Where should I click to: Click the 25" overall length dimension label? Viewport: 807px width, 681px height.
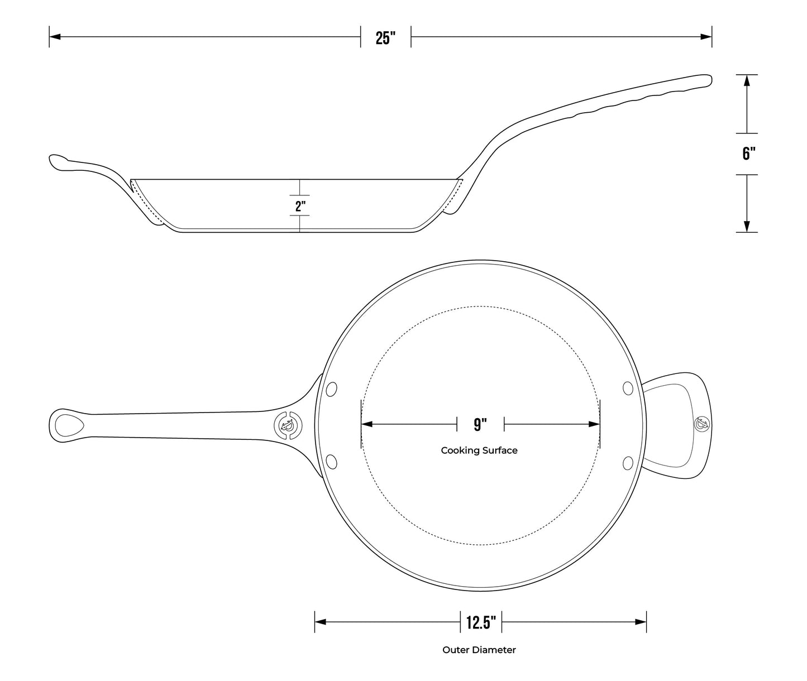[x=385, y=38]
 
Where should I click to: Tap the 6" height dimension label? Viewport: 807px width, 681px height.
[x=748, y=154]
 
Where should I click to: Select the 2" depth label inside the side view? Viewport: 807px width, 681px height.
[x=300, y=206]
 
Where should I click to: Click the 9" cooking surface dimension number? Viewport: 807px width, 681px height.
[x=480, y=425]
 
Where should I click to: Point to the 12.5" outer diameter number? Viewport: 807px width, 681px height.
[x=481, y=622]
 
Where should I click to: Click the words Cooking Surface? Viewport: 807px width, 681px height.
[x=479, y=450]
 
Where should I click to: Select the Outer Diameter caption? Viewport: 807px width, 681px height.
[x=479, y=650]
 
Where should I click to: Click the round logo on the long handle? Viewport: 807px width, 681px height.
[x=288, y=425]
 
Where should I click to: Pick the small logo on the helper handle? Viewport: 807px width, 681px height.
[x=701, y=424]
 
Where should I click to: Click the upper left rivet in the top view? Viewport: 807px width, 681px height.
[x=332, y=389]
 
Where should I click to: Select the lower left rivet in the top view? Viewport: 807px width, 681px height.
[x=332, y=462]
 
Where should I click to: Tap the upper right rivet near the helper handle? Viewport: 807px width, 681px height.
[x=628, y=389]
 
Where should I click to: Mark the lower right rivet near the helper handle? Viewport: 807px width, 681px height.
[x=628, y=462]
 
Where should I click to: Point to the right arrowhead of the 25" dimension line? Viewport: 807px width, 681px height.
[x=706, y=37]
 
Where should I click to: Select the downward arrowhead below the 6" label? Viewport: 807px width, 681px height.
[x=746, y=227]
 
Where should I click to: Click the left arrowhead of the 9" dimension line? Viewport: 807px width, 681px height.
[x=367, y=425]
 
